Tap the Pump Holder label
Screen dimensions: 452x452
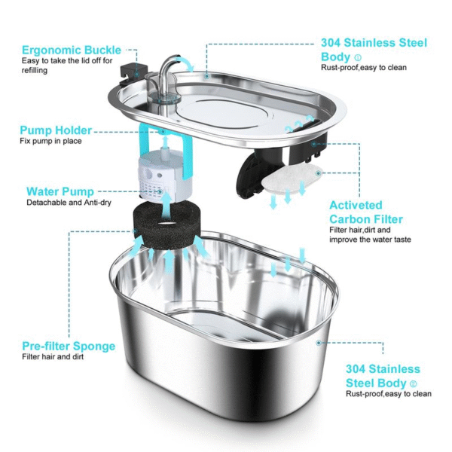(x=56, y=130)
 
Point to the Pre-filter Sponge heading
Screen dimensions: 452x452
(x=69, y=346)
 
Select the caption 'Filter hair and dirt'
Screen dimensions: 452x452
(x=53, y=357)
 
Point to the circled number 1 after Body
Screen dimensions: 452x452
(x=358, y=56)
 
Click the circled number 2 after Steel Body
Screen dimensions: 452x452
(x=414, y=383)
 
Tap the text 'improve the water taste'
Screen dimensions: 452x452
(x=369, y=240)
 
